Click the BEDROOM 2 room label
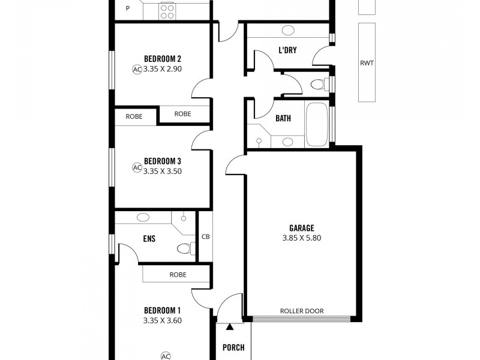tap(163, 59)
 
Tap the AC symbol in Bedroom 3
tap(137, 168)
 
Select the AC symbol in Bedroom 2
tap(137, 69)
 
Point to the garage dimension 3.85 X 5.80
tap(302, 238)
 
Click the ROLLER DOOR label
tap(302, 311)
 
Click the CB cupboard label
tap(205, 236)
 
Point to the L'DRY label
tap(288, 50)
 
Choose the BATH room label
tap(283, 118)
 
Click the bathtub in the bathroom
tap(317, 125)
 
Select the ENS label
tap(149, 239)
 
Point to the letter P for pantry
tap(127, 8)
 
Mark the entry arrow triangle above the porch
tap(229, 327)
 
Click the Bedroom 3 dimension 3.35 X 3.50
tap(163, 171)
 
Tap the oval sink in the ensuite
tap(144, 217)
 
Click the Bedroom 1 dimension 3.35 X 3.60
tap(163, 320)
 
